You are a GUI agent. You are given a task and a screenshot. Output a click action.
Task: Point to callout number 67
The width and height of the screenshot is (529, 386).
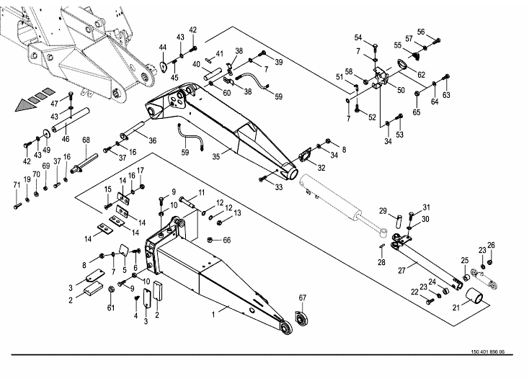pyautogui.click(x=303, y=298)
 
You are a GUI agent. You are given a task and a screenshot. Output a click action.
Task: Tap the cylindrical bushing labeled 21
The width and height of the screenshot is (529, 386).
pyautogui.click(x=477, y=296)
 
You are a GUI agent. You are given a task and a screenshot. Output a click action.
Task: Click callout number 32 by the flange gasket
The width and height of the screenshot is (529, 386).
pyautogui.click(x=321, y=169)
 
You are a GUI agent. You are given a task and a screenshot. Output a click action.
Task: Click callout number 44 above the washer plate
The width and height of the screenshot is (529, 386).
pyautogui.click(x=162, y=48)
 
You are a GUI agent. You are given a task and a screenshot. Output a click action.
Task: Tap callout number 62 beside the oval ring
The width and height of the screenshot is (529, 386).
pyautogui.click(x=421, y=74)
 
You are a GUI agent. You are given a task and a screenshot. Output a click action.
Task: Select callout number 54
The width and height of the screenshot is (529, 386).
pyautogui.click(x=358, y=37)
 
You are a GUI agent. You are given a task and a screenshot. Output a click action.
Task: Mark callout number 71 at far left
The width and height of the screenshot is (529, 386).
pyautogui.click(x=16, y=187)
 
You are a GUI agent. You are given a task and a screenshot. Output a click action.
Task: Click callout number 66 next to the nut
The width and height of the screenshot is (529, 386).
pyautogui.click(x=226, y=240)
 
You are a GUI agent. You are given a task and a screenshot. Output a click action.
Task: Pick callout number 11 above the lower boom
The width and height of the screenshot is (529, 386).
pyautogui.click(x=201, y=192)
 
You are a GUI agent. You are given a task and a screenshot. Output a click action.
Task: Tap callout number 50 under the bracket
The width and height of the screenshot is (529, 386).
pyautogui.click(x=401, y=91)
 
